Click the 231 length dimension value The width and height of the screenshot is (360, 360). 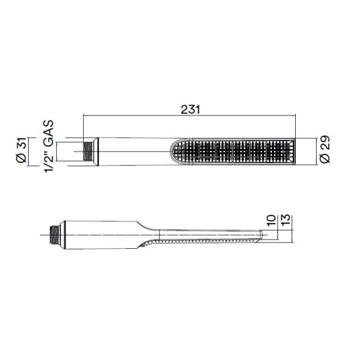[x=190, y=109]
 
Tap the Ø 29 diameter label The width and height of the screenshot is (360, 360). [x=325, y=149]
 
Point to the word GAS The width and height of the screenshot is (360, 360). [x=49, y=133]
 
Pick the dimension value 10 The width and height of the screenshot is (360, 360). [x=271, y=220]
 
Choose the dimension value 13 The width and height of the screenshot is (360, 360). [x=285, y=220]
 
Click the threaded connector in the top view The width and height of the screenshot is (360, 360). [x=87, y=152]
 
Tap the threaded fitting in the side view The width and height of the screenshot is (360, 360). [x=55, y=235]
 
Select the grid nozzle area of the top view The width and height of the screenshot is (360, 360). [x=232, y=152]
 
